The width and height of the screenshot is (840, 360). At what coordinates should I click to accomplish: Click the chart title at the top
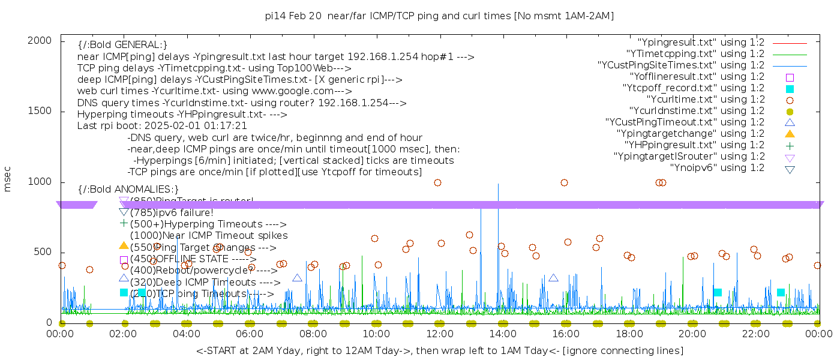point(439,16)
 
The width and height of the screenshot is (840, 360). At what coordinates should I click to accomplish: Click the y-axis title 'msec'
point(8,180)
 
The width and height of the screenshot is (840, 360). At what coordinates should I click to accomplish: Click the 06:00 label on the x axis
point(250,334)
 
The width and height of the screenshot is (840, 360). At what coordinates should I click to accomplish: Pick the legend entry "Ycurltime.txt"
point(705,100)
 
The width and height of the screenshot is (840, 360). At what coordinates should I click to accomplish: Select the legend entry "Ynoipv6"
point(717,168)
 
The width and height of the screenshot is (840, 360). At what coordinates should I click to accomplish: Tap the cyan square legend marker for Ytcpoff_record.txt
point(790,89)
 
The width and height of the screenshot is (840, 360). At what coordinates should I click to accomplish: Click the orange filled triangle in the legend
point(790,134)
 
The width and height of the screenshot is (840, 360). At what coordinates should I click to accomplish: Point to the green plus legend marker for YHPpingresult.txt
point(790,145)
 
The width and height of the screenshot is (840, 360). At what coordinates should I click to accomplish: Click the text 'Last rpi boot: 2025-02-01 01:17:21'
point(162,126)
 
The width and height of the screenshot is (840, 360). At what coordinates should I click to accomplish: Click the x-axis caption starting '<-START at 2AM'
point(439,350)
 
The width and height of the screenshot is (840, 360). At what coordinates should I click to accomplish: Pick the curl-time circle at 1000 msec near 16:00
point(564,183)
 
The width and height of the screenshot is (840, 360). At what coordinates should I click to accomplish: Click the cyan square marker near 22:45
point(781,292)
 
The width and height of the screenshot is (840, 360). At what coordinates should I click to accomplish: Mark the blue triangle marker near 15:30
point(553,278)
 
